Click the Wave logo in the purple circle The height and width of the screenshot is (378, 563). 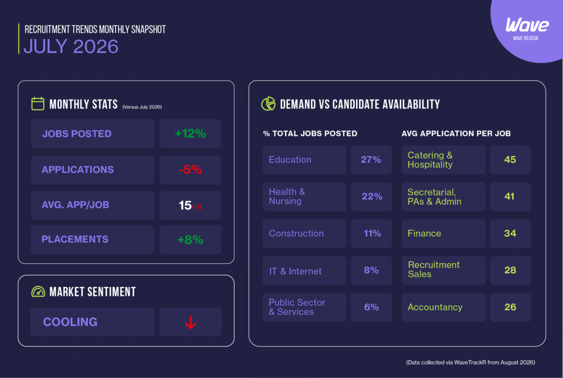point(527,25)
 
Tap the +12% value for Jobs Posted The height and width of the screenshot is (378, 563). point(190,133)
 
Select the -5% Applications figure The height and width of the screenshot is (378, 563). point(190,170)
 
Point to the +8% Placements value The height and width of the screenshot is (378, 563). point(190,240)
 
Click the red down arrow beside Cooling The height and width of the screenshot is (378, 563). point(190,322)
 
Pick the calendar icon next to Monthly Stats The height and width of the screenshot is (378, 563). point(38,104)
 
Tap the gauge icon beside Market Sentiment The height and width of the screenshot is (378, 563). point(38,291)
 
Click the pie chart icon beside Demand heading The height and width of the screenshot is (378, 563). point(268,104)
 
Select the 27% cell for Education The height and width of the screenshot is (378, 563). point(371,160)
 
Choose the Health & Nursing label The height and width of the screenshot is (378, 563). point(287,196)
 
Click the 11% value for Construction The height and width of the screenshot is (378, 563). point(372,233)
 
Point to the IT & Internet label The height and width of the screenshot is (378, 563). point(295,271)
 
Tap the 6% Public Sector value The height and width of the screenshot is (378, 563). point(371,307)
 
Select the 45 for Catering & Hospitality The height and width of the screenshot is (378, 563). point(510,160)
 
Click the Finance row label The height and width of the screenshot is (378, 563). point(424,233)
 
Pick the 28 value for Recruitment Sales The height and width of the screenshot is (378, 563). point(510,270)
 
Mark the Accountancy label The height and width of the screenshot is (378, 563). point(435,307)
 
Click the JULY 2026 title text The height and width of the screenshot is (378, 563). point(71,46)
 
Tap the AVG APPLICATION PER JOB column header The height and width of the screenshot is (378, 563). point(456,133)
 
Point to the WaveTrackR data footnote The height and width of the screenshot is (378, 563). point(470,363)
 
